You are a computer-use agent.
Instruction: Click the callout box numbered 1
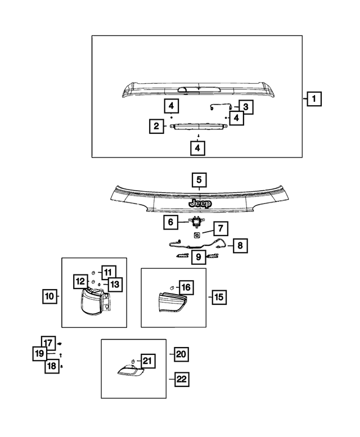click(x=314, y=100)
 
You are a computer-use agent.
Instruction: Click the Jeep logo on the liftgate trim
click(x=199, y=204)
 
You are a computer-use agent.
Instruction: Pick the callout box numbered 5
click(x=199, y=180)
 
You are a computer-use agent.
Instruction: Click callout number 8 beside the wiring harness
click(x=240, y=246)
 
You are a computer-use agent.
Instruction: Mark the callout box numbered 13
click(x=114, y=285)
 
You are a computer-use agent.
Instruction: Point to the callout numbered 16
click(x=186, y=287)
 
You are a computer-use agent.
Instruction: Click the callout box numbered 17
click(x=48, y=342)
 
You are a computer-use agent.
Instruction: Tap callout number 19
click(x=39, y=354)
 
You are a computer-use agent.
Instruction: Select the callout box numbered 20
click(x=181, y=354)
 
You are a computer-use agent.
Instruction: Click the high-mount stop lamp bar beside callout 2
click(x=191, y=127)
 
